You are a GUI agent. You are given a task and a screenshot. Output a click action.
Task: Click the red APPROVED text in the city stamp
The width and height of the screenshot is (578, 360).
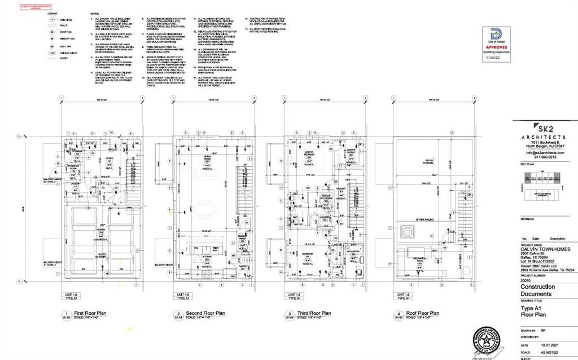coord(492,48)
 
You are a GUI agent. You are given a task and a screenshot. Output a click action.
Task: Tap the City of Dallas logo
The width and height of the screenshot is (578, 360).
coord(492,34)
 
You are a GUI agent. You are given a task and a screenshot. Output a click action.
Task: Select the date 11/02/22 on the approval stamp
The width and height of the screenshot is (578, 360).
coord(492,58)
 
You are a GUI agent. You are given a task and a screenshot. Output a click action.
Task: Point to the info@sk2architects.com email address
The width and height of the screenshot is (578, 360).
coord(545,152)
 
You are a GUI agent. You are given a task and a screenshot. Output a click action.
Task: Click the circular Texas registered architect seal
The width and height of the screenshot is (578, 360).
coord(487,342)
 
